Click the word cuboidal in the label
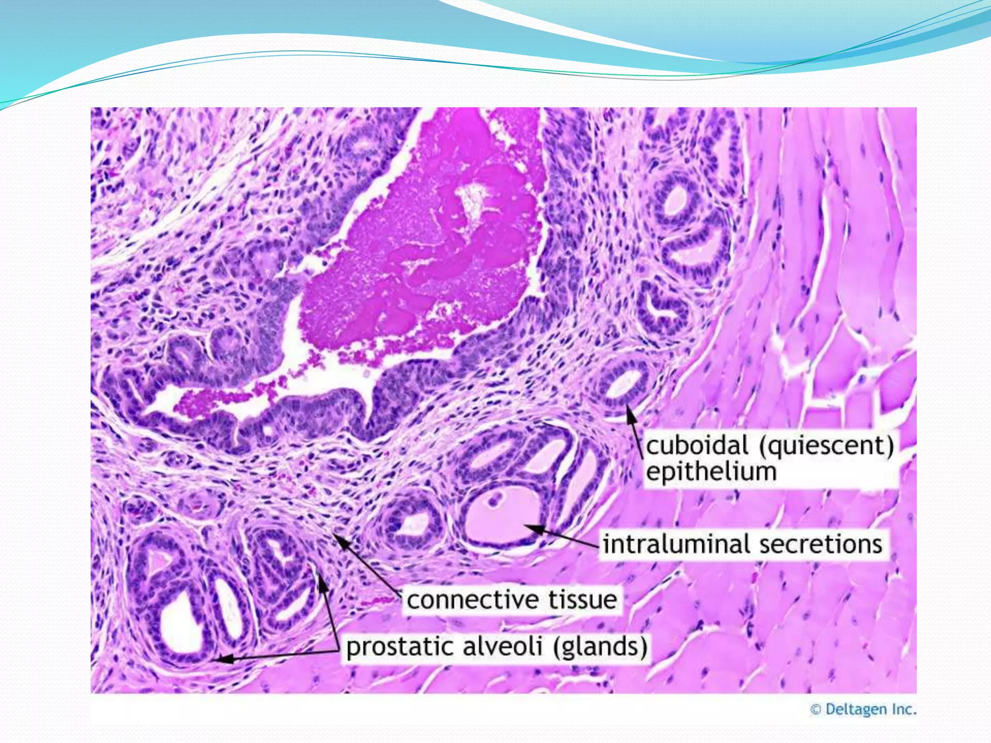[697, 446]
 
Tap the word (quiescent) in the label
[826, 446]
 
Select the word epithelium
[711, 472]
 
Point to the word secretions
[821, 544]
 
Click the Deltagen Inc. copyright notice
[863, 710]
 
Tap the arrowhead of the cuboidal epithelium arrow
[629, 410]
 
